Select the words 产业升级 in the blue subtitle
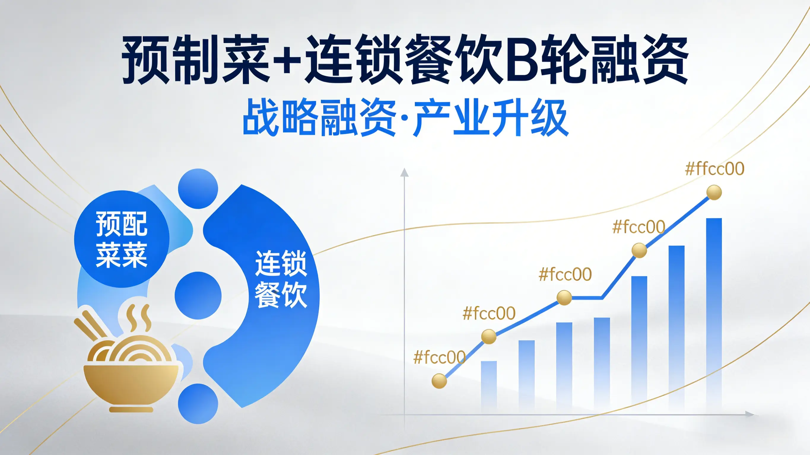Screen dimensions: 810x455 (x=491, y=117)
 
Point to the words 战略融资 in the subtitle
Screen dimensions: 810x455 (x=320, y=117)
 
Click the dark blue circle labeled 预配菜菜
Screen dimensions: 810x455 (x=122, y=239)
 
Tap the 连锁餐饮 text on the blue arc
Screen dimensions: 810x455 (x=281, y=279)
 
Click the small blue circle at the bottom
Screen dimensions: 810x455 (x=198, y=404)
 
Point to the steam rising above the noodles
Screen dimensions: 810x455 (x=139, y=318)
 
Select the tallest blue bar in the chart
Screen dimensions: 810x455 (x=714, y=314)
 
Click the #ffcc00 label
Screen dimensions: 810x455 (x=714, y=169)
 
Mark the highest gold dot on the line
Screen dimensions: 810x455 (x=714, y=192)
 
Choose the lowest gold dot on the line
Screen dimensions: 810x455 (x=439, y=381)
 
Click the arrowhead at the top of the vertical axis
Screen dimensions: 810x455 (x=404, y=172)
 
